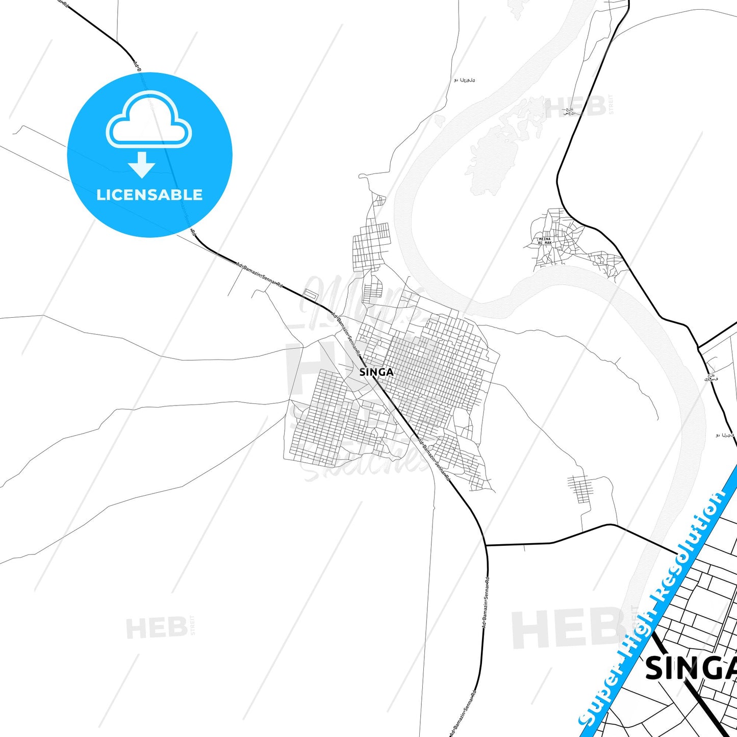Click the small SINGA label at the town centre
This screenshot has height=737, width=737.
tap(376, 372)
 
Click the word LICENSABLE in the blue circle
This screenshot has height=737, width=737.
tap(149, 195)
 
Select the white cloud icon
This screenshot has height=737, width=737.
tap(149, 120)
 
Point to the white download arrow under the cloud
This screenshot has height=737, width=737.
tap(142, 164)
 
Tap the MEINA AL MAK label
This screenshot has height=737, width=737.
tap(545, 241)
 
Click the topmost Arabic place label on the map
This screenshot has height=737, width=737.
tap(464, 80)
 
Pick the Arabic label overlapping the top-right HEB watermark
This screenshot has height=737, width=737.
tap(569, 111)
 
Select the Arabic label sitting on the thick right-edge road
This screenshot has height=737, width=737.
tap(710, 377)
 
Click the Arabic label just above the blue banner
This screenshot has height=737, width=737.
tap(725, 435)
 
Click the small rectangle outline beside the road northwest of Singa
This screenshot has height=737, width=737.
tap(310, 294)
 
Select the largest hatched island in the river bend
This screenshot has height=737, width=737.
tap(490, 158)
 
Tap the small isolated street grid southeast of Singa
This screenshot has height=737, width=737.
tap(579, 488)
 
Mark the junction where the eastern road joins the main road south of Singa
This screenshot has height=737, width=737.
tap(487, 545)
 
